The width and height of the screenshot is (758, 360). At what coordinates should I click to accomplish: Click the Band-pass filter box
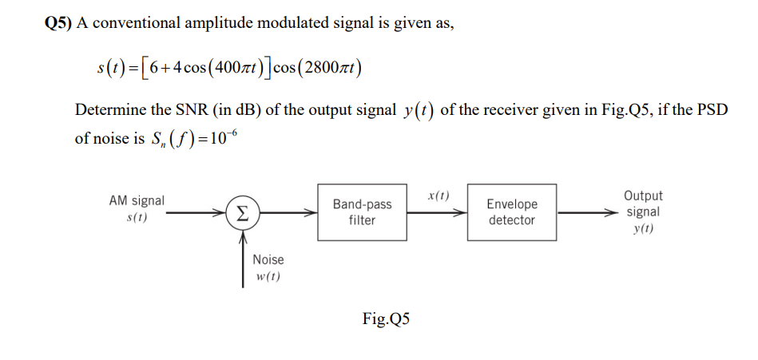(362, 212)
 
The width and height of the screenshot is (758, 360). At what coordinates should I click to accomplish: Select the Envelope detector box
(511, 212)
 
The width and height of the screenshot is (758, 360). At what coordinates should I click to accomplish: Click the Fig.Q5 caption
(386, 319)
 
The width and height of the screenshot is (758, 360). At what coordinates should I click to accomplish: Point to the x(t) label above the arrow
(438, 195)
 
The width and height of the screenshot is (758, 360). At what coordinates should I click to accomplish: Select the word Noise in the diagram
(268, 259)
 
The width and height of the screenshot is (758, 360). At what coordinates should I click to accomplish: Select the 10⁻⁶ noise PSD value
(220, 136)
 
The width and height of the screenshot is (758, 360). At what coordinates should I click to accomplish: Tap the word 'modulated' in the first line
(294, 23)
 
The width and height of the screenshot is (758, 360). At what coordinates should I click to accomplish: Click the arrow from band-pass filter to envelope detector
(436, 213)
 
